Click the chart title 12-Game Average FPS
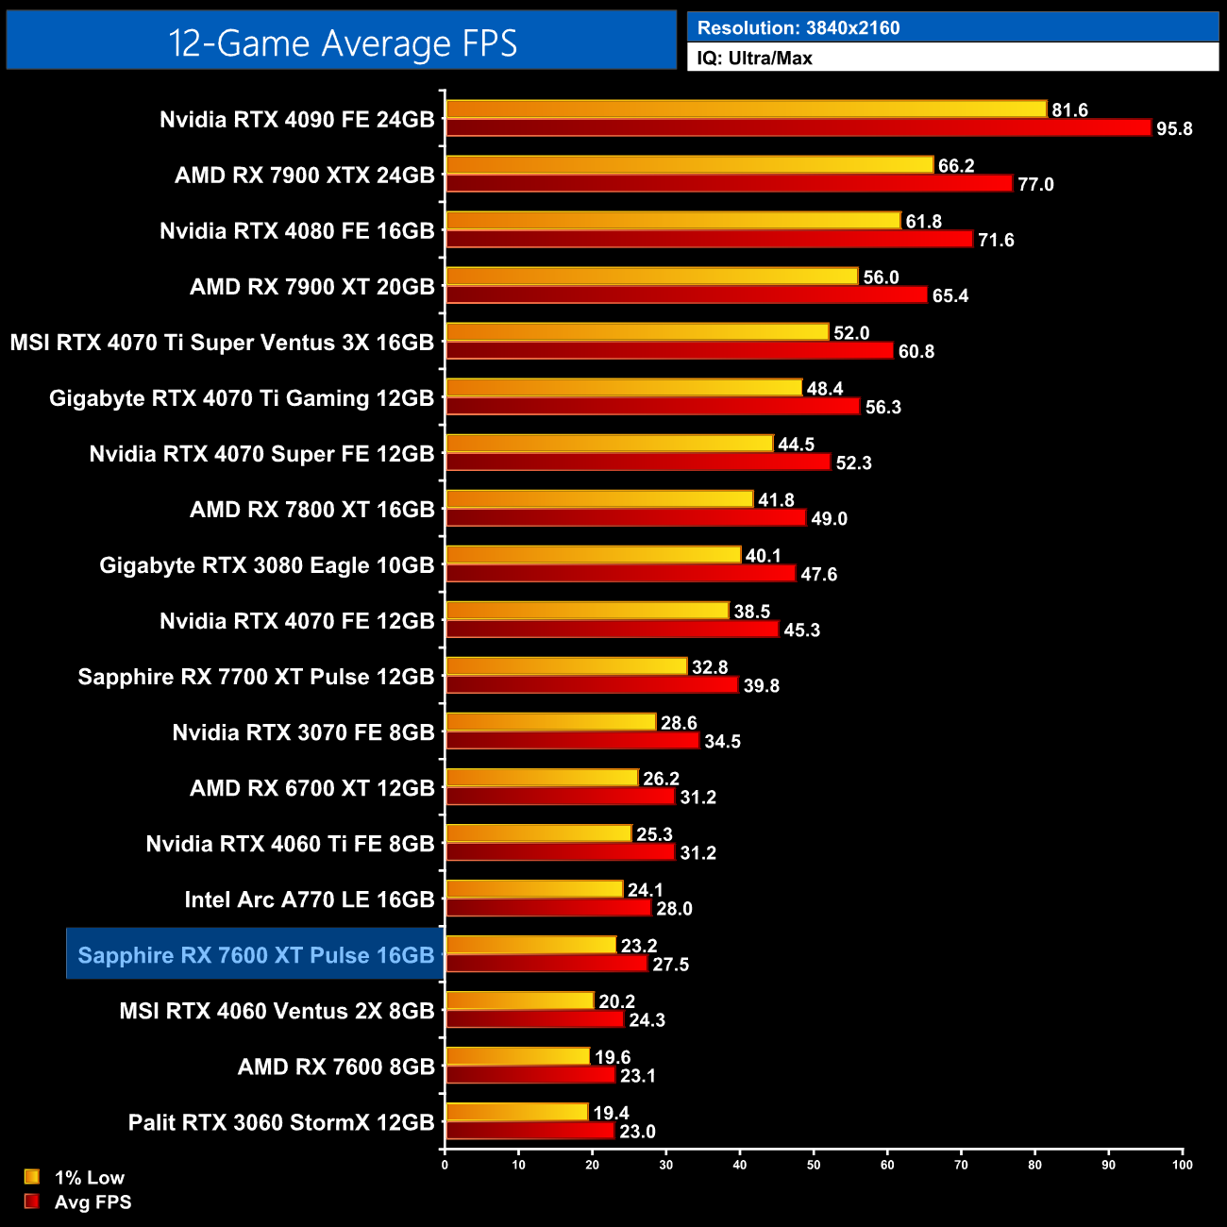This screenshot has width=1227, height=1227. coord(342,43)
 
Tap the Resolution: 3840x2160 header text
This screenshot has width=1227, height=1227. coord(798,28)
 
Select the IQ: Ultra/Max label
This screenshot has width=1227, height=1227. coord(754,59)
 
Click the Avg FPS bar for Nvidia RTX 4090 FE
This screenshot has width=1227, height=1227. coord(798,127)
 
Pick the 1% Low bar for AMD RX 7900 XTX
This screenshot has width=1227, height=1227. coord(689,165)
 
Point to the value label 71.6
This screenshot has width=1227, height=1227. coord(996,241)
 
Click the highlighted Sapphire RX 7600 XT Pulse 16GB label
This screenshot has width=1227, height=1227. coord(256,955)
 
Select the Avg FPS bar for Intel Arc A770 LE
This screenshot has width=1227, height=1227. coord(548,908)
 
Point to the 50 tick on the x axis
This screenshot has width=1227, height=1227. coord(814,1165)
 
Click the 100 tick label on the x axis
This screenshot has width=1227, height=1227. coord(1182,1165)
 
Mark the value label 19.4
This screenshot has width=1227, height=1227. coord(611,1114)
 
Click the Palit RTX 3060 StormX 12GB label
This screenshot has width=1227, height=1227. coord(281,1123)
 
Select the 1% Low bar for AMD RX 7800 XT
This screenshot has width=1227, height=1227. coord(599,499)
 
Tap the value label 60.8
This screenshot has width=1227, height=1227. coord(916,352)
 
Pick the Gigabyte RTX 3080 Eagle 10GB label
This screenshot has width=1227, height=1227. coord(267,565)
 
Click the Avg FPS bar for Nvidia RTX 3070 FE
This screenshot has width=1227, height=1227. coord(572,741)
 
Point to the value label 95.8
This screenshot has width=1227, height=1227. coord(1174,129)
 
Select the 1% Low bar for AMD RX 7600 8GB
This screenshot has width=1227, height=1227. coord(517,1056)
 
